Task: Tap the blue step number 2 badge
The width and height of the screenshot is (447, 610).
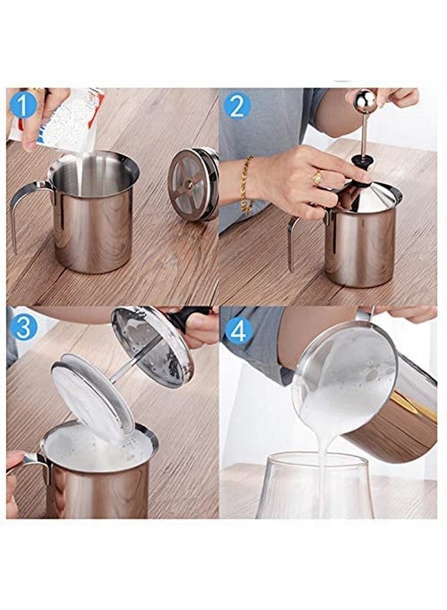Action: [x=238, y=105]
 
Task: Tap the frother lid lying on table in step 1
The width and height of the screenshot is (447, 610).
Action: [x=193, y=184]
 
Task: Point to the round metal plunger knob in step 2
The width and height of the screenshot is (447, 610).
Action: [x=366, y=102]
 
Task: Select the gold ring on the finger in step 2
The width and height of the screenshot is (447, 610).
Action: [x=317, y=178]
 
